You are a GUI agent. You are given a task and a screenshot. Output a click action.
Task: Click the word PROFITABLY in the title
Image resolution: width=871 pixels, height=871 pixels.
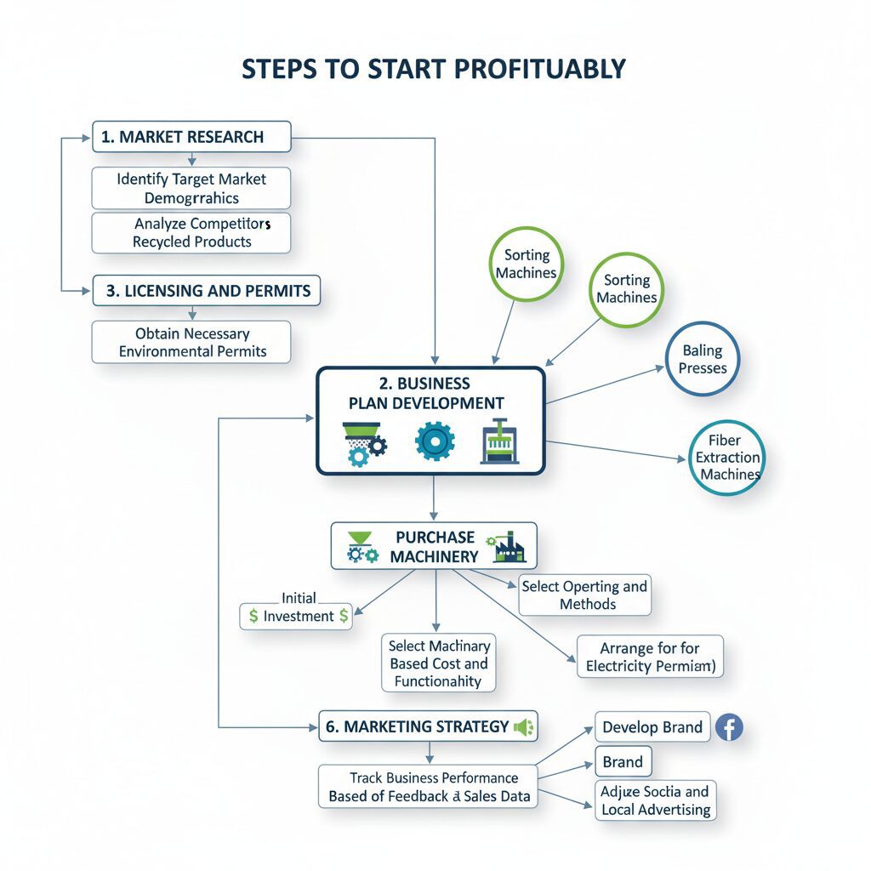(538, 69)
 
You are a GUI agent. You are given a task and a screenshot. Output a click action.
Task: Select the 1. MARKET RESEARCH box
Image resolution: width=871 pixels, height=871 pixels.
(191, 137)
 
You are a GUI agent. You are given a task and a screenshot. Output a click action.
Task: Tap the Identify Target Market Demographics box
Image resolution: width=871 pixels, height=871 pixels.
(191, 189)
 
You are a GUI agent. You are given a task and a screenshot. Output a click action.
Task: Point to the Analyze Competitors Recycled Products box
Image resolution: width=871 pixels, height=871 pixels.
(191, 232)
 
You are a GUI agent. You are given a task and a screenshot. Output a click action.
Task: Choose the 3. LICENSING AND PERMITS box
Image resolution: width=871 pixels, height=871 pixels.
(207, 291)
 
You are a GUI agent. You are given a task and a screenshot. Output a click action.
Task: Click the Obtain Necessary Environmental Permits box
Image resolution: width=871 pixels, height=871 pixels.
(191, 342)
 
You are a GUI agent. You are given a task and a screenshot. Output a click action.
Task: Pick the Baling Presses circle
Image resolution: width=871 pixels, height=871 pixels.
(703, 359)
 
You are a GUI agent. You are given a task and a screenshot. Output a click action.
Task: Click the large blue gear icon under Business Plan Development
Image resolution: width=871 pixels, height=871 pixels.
(435, 441)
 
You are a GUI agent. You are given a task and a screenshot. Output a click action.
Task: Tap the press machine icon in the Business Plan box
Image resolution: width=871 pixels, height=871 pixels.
(500, 441)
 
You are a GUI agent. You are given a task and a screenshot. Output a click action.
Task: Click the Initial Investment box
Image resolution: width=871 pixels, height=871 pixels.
(297, 616)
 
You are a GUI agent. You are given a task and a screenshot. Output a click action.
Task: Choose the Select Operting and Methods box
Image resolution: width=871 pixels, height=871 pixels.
(584, 595)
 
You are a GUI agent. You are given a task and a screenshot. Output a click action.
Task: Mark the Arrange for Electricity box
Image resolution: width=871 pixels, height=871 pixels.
(650, 657)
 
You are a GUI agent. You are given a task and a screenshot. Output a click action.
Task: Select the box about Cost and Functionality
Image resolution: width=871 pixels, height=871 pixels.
(438, 663)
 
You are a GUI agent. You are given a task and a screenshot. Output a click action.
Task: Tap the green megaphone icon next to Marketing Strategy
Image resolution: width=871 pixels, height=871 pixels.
(522, 727)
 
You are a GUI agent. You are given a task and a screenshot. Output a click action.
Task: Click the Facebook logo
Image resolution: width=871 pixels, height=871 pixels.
(729, 727)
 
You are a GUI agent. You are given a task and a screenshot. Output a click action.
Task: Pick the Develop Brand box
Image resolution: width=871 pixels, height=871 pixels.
(652, 728)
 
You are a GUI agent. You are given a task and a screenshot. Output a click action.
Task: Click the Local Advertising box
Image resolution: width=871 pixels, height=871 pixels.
(655, 800)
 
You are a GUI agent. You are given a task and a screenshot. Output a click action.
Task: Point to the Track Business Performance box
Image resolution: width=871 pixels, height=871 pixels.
(429, 787)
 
